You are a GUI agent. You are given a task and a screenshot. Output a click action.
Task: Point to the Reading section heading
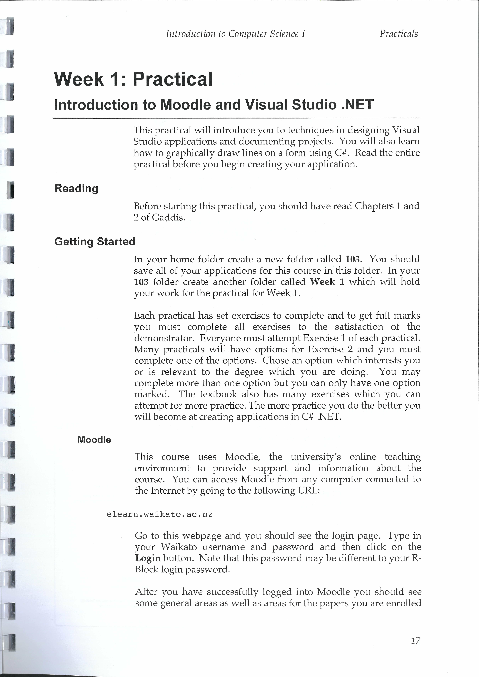pos(76,188)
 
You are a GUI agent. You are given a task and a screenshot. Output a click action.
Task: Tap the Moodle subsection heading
pos(94,440)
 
